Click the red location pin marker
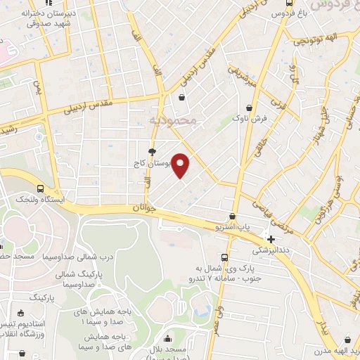point(181,165)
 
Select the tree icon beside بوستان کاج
point(152,151)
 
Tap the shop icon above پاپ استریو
point(233,217)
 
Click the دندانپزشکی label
point(271,250)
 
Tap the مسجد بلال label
point(171,350)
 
